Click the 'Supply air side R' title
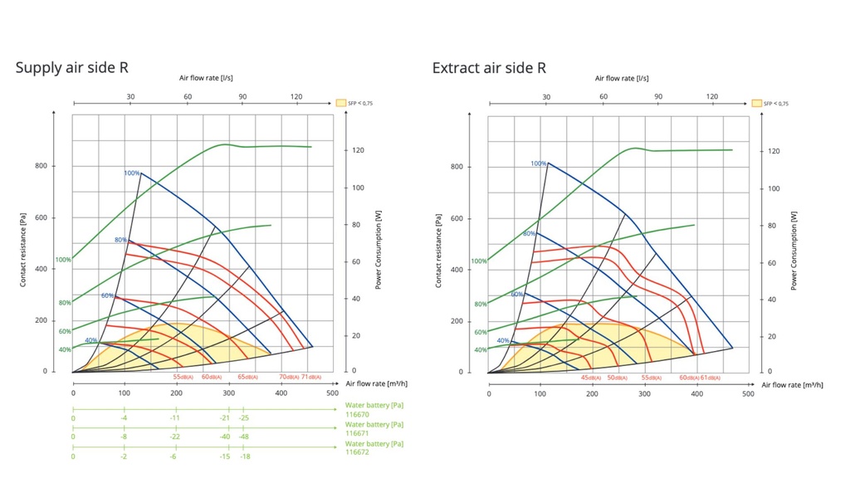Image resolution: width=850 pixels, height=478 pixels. tap(71, 68)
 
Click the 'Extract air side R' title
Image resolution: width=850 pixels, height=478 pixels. tap(489, 68)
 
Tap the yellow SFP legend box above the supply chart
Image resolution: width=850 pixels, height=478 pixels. tap(340, 103)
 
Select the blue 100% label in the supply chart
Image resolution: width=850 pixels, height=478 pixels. tap(131, 173)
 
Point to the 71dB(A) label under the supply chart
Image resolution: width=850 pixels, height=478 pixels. tap(311, 377)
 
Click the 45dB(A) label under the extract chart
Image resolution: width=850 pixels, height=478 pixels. tap(590, 378)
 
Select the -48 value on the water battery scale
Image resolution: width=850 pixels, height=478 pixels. tap(244, 437)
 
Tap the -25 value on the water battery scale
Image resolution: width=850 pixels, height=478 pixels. tap(244, 417)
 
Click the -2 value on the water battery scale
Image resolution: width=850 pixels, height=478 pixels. tap(124, 456)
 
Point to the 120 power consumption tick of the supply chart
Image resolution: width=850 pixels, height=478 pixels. tap(358, 150)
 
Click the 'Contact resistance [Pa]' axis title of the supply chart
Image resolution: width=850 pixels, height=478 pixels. tap(23, 249)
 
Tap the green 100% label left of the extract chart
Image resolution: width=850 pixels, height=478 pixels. tap(479, 261)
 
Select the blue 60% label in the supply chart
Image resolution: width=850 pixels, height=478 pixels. tap(107, 295)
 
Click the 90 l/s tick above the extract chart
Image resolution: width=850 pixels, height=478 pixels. tap(658, 97)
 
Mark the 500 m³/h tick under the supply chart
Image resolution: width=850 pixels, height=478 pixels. tap(332, 393)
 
